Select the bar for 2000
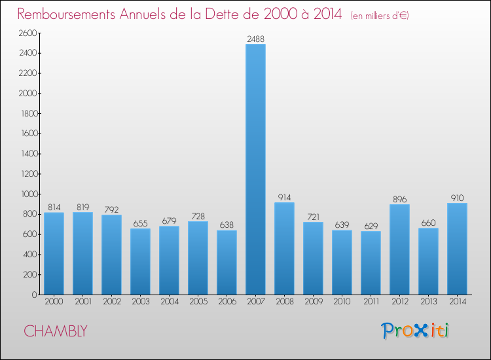[54, 253]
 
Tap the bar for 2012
[399, 249]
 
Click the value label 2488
[255, 39]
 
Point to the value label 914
[284, 198]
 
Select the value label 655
[140, 224]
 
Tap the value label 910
[457, 198]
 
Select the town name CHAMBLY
[55, 331]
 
